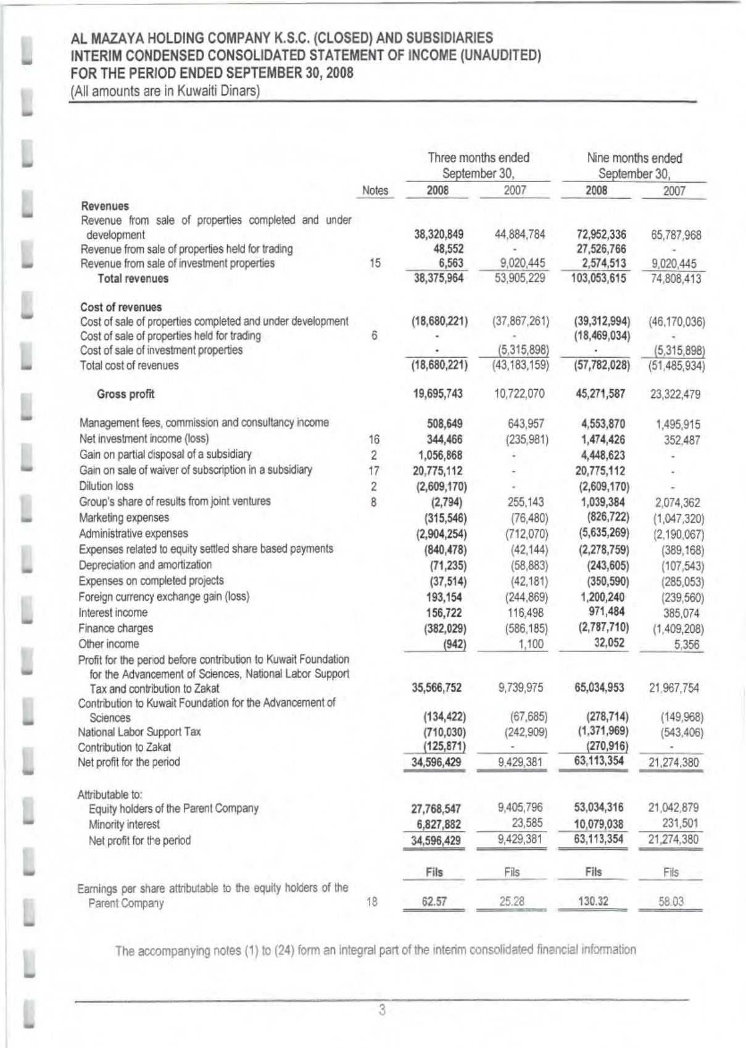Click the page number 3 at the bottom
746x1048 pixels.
382,1010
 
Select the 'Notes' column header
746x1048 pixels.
375,191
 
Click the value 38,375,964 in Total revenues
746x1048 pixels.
438,278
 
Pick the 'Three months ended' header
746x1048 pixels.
478,158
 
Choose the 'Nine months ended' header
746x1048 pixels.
634,158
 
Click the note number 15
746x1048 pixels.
375,263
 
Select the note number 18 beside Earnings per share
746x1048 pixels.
372,902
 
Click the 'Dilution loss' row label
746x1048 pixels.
106,486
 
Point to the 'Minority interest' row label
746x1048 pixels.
124,825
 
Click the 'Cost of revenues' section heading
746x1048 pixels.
121,307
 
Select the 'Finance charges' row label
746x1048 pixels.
115,629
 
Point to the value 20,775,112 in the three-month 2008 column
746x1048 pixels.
437,471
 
